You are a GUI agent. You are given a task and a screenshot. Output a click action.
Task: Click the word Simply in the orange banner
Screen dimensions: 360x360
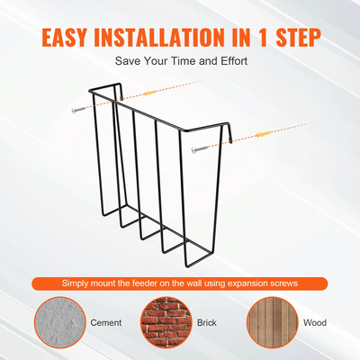click(x=76, y=283)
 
